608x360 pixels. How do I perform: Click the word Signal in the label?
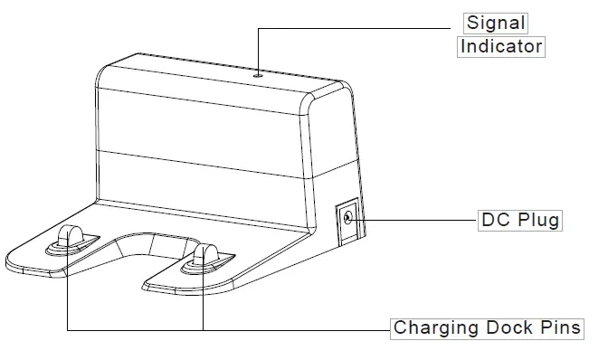point(495,23)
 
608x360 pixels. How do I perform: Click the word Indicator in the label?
point(502,46)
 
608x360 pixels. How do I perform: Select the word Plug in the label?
point(539,220)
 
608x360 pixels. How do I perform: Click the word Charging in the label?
point(430,327)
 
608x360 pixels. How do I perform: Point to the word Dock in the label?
point(505,327)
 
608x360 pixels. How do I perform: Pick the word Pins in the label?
point(561,327)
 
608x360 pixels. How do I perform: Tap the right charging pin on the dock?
point(203,256)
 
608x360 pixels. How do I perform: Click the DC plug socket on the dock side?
point(348,217)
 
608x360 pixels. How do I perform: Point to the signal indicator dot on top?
point(258,76)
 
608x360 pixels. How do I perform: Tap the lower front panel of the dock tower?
point(199,176)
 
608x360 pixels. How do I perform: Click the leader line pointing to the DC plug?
point(416,219)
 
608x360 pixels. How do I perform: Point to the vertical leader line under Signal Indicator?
point(258,50)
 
